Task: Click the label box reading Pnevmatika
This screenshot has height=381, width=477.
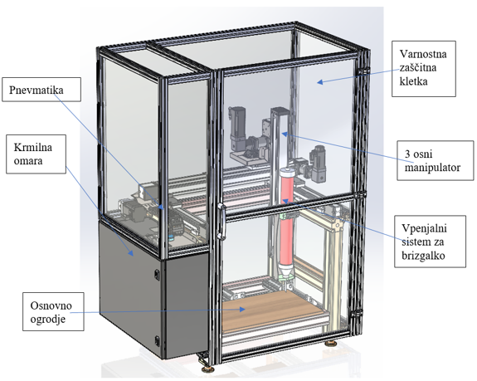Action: [41, 89]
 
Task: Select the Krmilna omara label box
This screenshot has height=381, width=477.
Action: [36, 154]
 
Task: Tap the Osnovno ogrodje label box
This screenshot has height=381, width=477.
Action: [53, 311]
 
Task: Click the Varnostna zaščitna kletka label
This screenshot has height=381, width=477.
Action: [423, 69]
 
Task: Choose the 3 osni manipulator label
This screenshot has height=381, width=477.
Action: [436, 160]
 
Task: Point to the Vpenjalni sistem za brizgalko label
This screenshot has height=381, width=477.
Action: [430, 242]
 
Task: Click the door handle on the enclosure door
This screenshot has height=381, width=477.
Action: [221, 222]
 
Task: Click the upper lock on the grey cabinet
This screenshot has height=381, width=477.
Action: [157, 274]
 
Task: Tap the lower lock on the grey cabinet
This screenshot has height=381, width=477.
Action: [157, 340]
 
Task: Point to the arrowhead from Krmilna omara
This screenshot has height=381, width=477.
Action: [131, 253]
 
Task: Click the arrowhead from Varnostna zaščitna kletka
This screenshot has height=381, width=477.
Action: [319, 81]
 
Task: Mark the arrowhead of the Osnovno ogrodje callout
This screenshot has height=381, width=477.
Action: [242, 309]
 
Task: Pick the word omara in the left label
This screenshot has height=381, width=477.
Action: [28, 161]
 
